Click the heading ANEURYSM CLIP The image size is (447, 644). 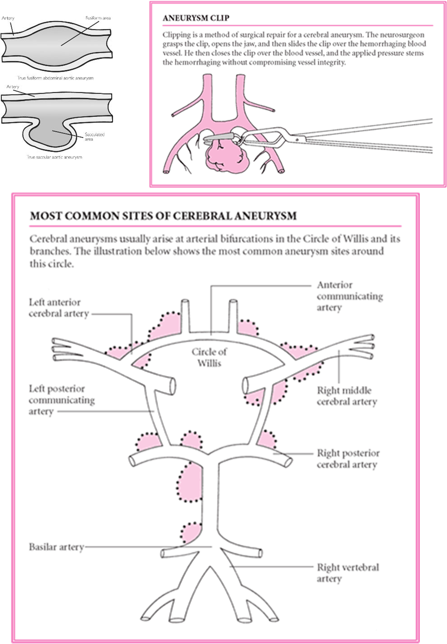196,18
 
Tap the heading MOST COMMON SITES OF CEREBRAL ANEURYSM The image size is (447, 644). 163,216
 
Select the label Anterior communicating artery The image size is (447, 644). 349,296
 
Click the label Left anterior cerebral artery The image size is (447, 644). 59,308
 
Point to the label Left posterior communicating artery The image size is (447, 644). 62,400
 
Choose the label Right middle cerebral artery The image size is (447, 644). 347,396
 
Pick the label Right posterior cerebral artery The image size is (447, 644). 348,459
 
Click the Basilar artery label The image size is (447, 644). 56,547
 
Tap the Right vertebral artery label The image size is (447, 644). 348,573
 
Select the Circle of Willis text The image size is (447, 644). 209,357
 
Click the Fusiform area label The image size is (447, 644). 98,18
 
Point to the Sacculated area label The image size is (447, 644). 94,137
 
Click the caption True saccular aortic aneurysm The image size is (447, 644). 54,157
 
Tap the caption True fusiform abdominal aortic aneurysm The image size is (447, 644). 55,78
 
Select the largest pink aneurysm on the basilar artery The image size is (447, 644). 190,483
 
